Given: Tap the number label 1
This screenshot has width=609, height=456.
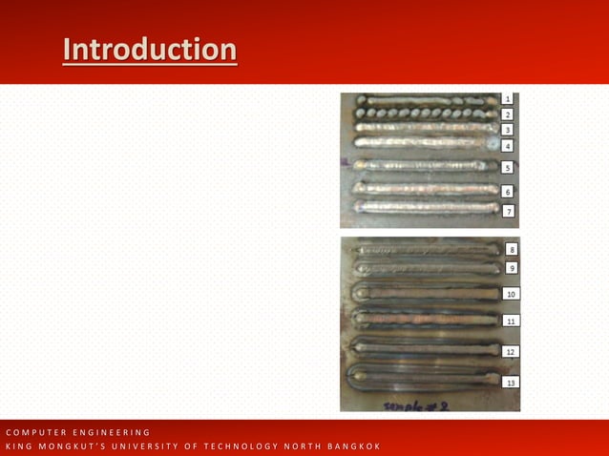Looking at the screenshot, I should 508,98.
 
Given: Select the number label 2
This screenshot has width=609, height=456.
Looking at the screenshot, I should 508,114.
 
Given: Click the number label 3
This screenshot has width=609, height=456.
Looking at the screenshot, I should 508,130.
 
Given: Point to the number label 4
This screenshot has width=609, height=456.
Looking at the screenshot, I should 508,146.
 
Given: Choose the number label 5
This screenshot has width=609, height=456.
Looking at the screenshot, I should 508,168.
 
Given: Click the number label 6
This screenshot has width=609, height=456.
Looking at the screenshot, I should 508,192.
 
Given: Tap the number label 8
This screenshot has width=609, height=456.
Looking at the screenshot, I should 512,249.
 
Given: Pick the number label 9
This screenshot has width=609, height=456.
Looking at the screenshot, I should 512,268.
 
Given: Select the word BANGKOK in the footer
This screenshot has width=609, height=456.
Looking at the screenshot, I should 348,446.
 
